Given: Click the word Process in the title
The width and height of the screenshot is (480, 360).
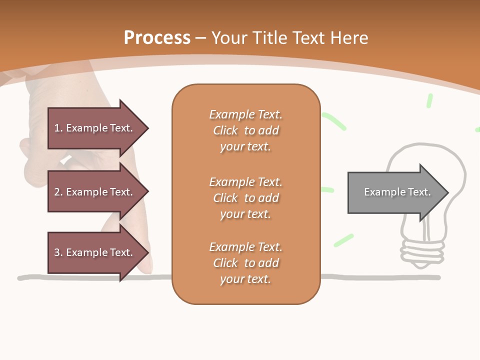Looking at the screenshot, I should pos(157,38).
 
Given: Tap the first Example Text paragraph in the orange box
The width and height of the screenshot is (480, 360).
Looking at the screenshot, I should pos(245,130).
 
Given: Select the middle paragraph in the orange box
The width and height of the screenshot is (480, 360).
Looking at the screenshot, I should pos(245,198).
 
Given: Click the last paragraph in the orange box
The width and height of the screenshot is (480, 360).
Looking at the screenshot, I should pos(245,263).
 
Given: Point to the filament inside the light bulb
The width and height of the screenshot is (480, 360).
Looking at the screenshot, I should pos(426,228).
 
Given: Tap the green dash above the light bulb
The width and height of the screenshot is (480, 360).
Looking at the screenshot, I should pos(429,101).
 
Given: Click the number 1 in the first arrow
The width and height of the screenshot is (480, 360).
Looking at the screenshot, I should pos(57,128).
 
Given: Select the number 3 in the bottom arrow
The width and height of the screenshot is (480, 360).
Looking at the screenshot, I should pos(57,252).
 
